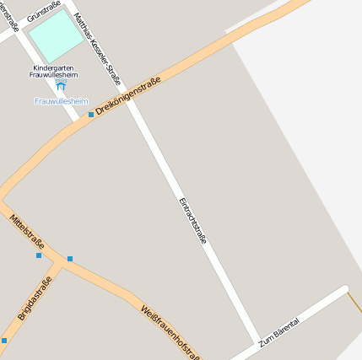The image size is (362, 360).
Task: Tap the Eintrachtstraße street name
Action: [192, 220]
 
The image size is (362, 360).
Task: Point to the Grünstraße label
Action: [43, 12]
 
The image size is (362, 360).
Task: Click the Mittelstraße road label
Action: [27, 231]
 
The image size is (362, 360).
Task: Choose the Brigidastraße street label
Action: [35, 298]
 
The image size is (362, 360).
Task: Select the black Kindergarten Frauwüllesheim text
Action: [55, 71]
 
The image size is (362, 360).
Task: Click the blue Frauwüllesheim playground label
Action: [61, 101]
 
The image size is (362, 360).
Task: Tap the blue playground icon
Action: [61, 86]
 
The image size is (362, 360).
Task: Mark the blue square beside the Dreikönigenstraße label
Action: [91, 114]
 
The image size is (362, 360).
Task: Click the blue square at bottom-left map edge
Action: [3, 341]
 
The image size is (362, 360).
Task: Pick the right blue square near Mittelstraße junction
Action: [70, 259]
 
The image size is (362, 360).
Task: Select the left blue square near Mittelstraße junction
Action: [39, 255]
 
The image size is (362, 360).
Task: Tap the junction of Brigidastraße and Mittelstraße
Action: [59, 262]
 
